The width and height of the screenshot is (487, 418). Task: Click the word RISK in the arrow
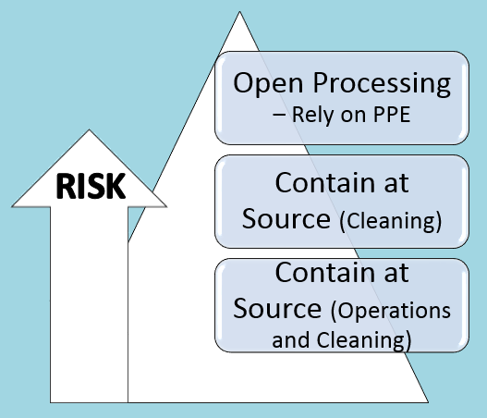91,186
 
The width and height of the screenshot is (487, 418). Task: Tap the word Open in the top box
268,83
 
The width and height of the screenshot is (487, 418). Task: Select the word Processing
382,83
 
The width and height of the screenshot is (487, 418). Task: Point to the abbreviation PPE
392,115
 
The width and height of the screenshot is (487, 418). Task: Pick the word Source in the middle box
286,219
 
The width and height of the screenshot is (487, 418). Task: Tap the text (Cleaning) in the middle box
391,221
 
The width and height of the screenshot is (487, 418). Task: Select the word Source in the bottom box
277,309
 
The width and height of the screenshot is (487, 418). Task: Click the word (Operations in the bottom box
391,311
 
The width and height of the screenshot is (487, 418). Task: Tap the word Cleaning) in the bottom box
364,340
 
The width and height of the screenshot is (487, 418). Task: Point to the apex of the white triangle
239,12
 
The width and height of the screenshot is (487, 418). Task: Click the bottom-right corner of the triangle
429,402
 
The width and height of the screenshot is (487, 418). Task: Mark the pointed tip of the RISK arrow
89,129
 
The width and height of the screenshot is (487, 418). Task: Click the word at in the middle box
396,184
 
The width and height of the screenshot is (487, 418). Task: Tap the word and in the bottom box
291,339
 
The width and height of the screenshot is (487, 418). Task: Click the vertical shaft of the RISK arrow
89,304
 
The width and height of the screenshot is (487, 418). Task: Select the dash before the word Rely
279,115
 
